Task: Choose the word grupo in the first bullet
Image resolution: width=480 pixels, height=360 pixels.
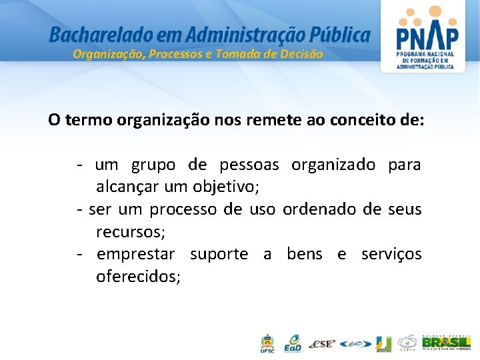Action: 153,165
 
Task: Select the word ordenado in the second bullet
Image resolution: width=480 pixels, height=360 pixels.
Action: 320,209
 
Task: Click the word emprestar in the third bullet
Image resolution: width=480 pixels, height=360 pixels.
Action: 136,254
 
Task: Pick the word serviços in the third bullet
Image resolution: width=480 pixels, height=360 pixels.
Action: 391,254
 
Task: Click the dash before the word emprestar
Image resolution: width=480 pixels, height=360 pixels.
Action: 79,254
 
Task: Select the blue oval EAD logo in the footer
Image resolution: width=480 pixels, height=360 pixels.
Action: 355,344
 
